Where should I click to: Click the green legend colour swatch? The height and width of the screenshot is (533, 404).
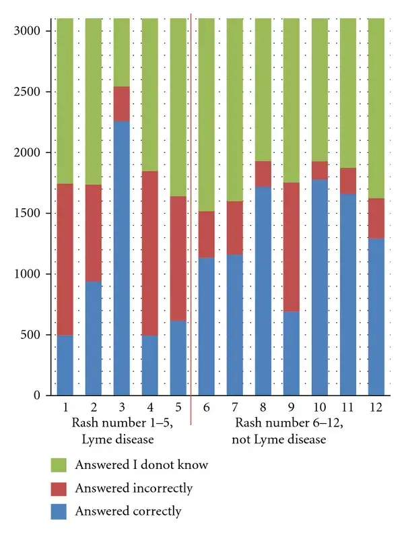(x=59, y=465)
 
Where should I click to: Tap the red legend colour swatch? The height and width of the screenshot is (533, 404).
(x=59, y=488)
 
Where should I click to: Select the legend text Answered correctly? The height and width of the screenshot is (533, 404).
(x=128, y=511)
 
